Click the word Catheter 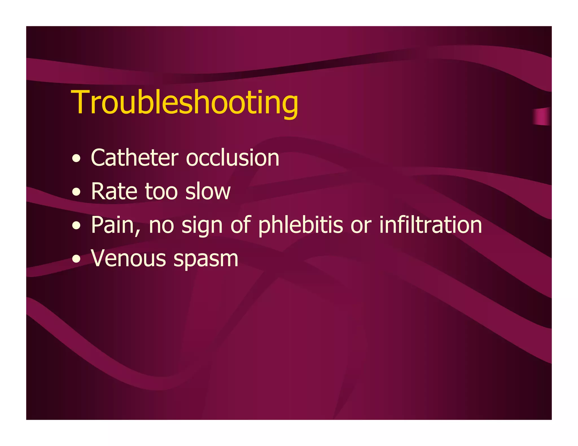[135, 158]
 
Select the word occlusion [233, 158]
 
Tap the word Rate [114, 191]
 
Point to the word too [161, 191]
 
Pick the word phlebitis [301, 225]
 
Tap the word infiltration [430, 225]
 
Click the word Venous [128, 259]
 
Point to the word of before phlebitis [240, 225]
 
